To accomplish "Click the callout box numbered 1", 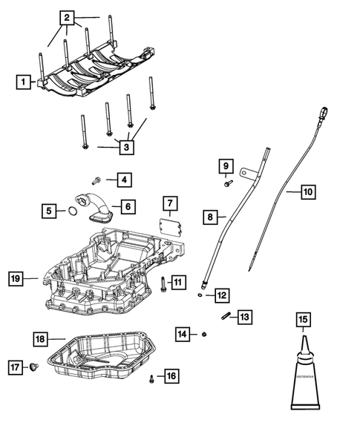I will point(24,82).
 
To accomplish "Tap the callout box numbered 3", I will point(127,147).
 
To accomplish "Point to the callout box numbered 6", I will point(126,206).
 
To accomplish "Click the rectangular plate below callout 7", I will point(170,228).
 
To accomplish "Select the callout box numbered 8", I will point(212,217).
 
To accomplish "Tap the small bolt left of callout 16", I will point(152,378).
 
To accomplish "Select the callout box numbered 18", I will point(40,339).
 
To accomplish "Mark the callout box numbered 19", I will point(16,279).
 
